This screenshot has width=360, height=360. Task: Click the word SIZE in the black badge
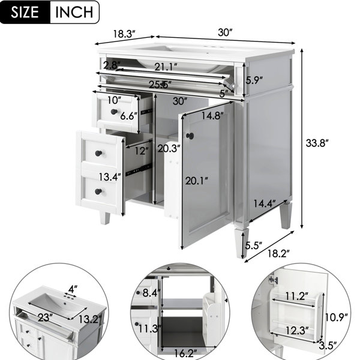point(25,12)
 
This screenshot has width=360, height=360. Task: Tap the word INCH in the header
point(74,12)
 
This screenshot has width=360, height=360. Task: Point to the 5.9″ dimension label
point(254,80)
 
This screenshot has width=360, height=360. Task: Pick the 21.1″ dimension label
point(166,67)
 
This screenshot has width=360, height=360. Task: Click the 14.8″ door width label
point(212,115)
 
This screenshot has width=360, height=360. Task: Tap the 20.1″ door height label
point(197,181)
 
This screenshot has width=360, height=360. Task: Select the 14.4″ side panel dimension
point(264,203)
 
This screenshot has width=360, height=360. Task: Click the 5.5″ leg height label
point(253,246)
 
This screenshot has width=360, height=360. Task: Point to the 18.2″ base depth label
point(278,253)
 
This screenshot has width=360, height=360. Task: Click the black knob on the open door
point(190,136)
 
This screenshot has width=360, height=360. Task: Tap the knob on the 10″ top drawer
point(114,112)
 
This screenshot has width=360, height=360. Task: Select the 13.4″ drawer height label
point(110,177)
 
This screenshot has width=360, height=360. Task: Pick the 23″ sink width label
point(44,318)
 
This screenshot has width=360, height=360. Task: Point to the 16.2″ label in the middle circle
point(185,353)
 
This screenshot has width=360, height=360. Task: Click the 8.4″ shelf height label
point(151,293)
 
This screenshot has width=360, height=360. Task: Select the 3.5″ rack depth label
point(328,346)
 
